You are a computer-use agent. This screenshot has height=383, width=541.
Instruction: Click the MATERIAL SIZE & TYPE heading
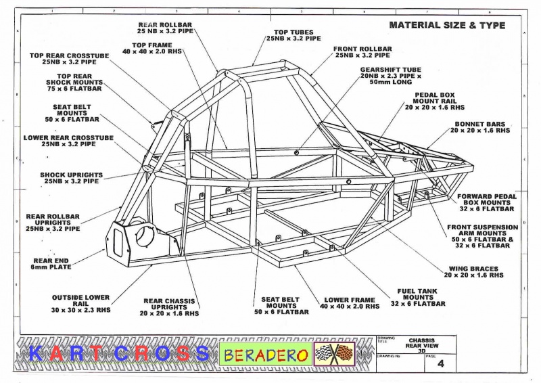(447, 25)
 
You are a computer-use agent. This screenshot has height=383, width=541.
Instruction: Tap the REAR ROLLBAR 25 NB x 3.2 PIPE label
(165, 28)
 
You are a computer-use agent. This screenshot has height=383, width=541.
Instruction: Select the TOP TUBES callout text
(293, 35)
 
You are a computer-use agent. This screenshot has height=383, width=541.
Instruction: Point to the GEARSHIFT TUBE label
(391, 76)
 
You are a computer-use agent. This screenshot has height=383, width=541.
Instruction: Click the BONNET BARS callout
(480, 127)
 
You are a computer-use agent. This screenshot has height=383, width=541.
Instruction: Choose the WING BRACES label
(474, 272)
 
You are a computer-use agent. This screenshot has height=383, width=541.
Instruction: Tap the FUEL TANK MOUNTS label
(418, 297)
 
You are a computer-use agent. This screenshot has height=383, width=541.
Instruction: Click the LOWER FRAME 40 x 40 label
(350, 303)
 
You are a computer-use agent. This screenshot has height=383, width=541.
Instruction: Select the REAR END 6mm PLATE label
(51, 264)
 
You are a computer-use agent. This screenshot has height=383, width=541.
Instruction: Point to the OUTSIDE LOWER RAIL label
(80, 304)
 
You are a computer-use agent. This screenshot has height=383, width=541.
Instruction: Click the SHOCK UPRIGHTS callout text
(72, 178)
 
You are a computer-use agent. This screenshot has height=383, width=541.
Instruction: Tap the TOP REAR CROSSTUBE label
(69, 59)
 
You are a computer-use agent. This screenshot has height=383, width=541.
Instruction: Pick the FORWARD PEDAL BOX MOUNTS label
(487, 202)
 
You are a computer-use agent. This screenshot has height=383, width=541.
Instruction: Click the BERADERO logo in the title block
(265, 355)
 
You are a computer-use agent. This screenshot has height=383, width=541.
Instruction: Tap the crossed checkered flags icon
(334, 354)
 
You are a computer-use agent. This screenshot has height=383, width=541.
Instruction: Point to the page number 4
(441, 363)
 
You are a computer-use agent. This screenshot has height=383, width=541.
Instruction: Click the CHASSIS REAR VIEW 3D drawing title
(421, 345)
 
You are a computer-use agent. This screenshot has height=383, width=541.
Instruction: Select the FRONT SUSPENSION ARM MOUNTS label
(482, 236)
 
